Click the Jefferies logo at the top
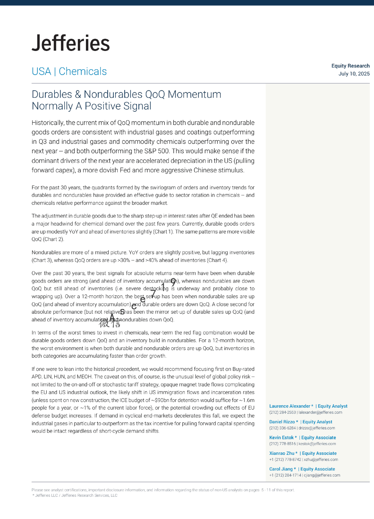(71, 43)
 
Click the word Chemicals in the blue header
(83, 71)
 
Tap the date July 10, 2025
(354, 74)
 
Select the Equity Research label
(350, 66)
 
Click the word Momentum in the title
(194, 94)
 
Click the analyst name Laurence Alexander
(290, 406)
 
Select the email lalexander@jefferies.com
(320, 412)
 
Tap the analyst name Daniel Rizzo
(282, 422)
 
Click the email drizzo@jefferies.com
(317, 428)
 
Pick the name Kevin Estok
(281, 438)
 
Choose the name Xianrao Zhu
(282, 453)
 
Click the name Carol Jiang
(281, 469)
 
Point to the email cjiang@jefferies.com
(322, 475)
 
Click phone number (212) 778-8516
(282, 444)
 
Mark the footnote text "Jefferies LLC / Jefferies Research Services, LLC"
(76, 495)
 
